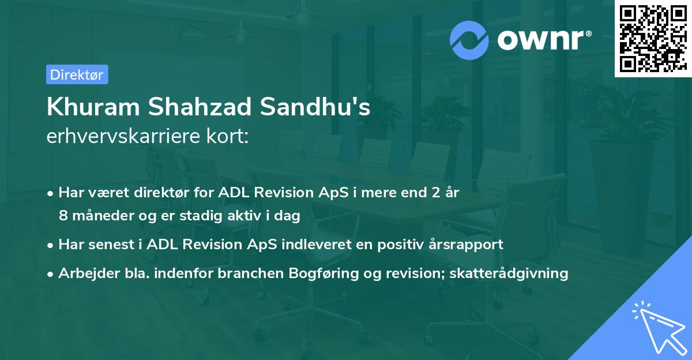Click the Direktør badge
pyautogui.click(x=77, y=74)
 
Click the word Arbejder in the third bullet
pyautogui.click(x=83, y=273)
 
